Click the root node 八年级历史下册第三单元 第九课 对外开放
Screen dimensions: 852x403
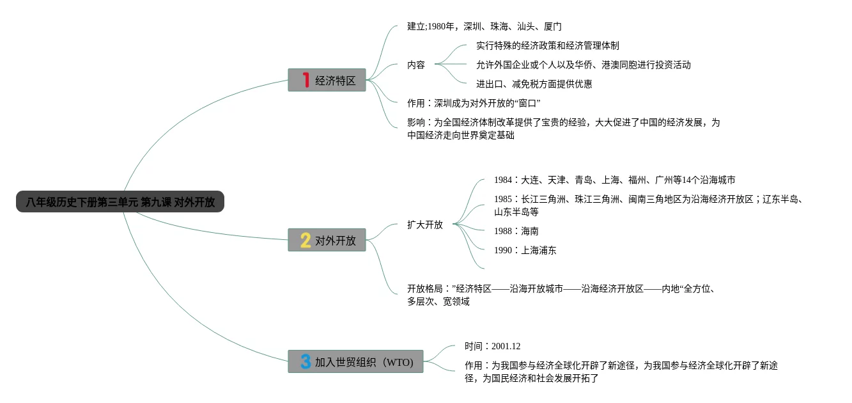(x=120, y=202)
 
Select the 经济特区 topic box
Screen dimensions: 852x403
(x=327, y=81)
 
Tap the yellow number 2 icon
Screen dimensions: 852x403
(x=306, y=241)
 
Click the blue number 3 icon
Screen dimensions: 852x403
(x=306, y=362)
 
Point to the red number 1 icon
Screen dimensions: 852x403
(x=306, y=81)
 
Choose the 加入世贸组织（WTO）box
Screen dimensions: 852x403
(x=355, y=362)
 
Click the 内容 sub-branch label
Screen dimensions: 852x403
(x=416, y=65)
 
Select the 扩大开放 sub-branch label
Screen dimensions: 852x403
(x=425, y=225)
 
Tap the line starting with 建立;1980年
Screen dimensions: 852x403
(x=484, y=26)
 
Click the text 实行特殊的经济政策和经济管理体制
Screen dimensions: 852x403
(x=547, y=45)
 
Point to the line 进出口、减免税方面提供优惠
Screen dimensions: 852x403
(x=534, y=84)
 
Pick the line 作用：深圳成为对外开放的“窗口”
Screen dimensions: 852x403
(x=474, y=103)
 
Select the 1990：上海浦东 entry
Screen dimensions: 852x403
(x=525, y=250)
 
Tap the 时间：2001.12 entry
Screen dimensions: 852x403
(x=492, y=346)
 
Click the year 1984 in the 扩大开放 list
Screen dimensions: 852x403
(x=503, y=180)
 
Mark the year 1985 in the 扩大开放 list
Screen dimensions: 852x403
(x=503, y=199)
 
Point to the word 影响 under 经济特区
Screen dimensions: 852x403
(x=416, y=122)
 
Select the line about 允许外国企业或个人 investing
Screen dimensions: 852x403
(x=583, y=65)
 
